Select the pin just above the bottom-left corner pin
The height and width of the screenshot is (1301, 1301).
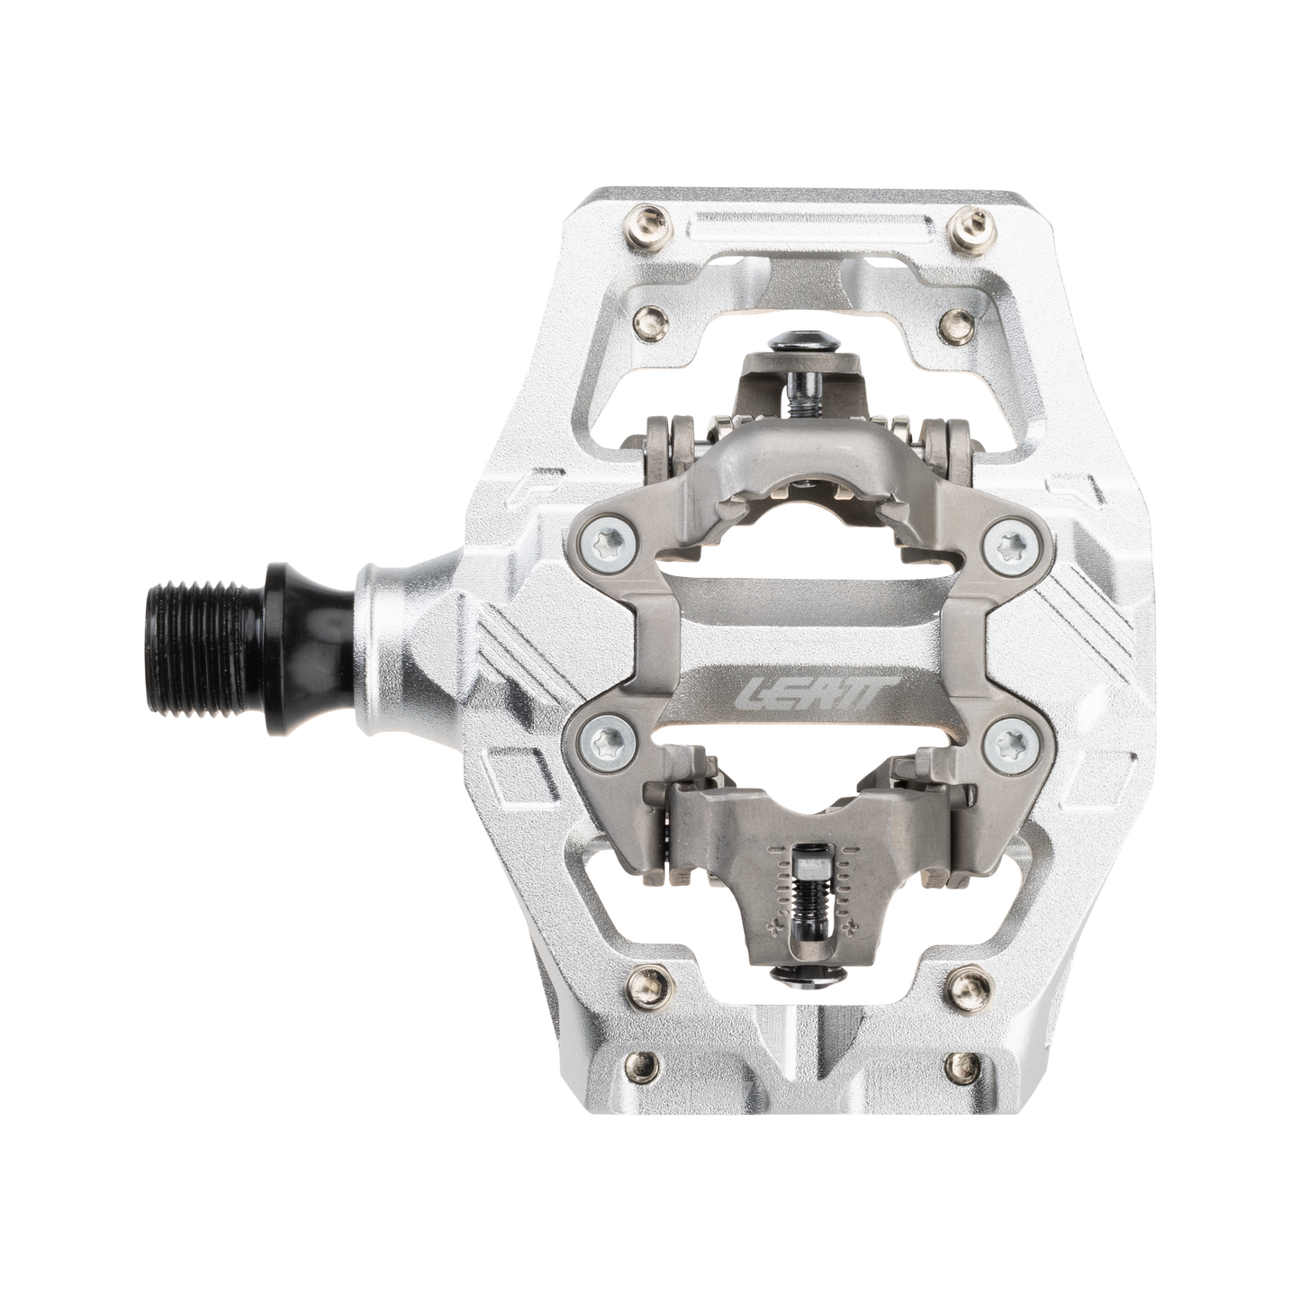647,982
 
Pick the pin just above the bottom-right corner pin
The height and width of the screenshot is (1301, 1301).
965,982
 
